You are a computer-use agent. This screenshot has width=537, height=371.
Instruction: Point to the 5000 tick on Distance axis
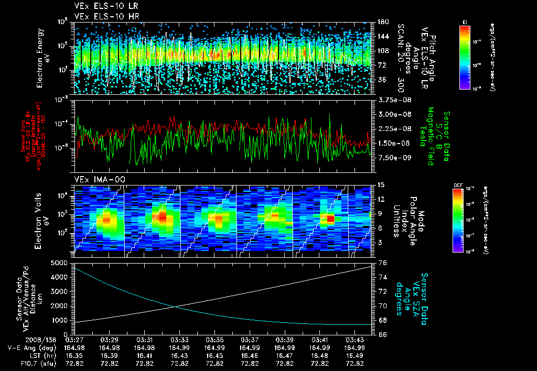(x=62, y=263)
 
